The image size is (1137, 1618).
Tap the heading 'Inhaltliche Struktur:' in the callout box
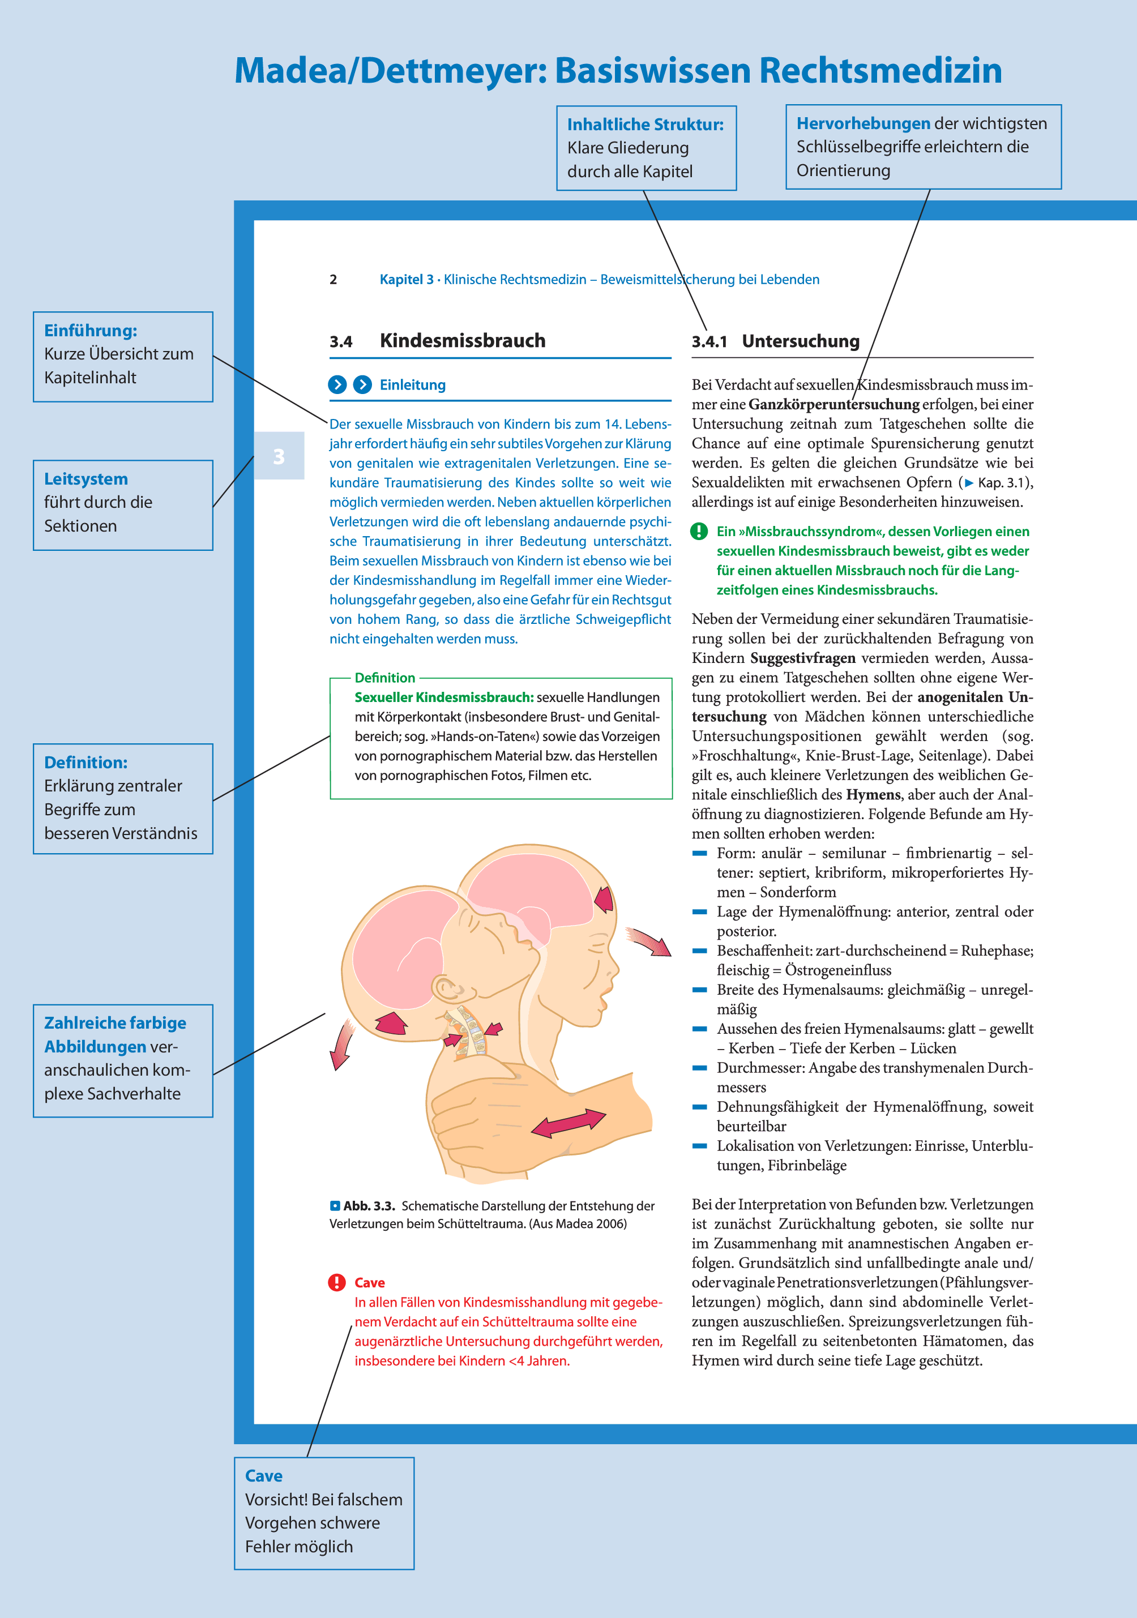tap(645, 125)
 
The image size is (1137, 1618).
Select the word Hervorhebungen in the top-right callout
tap(863, 123)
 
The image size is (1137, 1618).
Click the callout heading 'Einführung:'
tap(90, 331)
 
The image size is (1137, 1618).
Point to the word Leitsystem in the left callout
tap(86, 479)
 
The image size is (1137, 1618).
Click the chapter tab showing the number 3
tap(279, 456)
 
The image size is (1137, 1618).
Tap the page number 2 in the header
tap(334, 280)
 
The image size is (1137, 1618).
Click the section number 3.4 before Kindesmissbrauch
tap(341, 342)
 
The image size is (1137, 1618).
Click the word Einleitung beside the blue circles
tap(412, 385)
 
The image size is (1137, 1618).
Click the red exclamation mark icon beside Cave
tap(337, 1282)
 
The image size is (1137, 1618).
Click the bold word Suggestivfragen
tap(802, 658)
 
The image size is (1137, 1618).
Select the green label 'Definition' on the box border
tap(385, 678)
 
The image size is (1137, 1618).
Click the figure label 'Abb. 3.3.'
tap(369, 1206)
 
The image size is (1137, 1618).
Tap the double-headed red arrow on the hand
tap(567, 1123)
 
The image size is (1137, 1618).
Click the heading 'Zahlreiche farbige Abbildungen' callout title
tap(115, 1034)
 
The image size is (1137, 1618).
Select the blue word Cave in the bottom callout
tap(264, 1476)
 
